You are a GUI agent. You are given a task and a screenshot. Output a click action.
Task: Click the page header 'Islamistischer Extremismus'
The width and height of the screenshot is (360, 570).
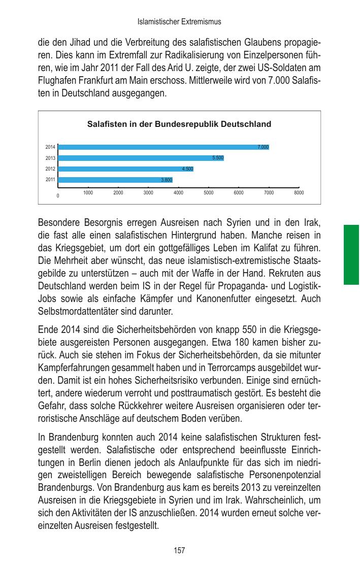coord(179,22)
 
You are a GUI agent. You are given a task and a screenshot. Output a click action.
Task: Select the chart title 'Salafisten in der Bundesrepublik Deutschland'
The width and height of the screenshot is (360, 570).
coord(179,124)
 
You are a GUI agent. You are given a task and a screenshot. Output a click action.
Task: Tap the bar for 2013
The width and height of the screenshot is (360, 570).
coord(141,158)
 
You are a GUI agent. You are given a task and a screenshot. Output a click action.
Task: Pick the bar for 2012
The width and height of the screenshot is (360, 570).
coord(126,169)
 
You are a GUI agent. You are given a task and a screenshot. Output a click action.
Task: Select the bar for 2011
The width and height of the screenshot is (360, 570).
coord(115,180)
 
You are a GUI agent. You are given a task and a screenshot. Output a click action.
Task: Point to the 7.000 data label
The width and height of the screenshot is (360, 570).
coord(263,147)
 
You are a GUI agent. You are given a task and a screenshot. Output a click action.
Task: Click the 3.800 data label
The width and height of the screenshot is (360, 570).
coord(166,180)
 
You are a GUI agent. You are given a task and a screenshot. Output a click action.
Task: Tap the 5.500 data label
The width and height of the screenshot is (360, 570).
coord(217,158)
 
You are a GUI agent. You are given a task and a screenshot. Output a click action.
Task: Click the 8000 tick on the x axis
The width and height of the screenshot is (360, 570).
coord(299,193)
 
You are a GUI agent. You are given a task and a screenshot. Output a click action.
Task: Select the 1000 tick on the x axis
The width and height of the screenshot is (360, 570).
coord(88,193)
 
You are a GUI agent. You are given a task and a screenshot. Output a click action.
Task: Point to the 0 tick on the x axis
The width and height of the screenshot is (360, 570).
coord(58,196)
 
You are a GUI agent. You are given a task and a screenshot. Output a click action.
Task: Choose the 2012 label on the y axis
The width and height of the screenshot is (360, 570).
coord(50,169)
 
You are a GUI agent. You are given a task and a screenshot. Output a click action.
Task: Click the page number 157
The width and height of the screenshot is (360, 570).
coord(179,550)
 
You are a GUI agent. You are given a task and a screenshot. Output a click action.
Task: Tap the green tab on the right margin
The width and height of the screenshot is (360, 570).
coord(351,254)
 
